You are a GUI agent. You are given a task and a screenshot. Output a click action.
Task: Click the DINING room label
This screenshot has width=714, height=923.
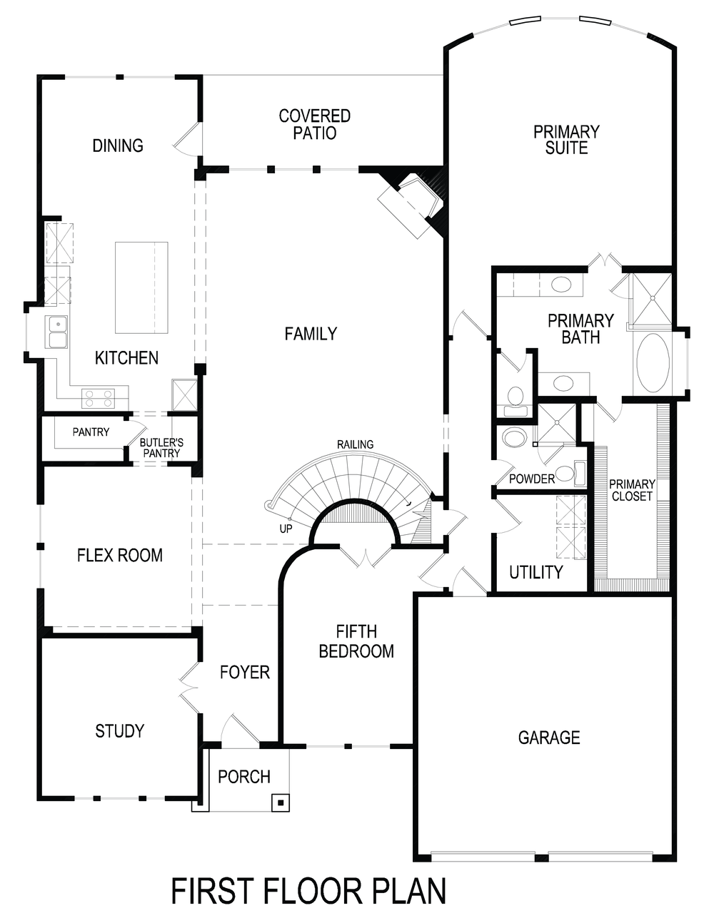click(118, 146)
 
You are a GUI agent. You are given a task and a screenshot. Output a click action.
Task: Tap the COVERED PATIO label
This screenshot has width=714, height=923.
click(314, 124)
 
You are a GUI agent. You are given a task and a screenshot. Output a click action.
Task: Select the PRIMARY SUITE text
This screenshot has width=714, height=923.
click(566, 140)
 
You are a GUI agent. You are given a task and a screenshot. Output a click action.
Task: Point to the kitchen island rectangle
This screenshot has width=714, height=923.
click(141, 287)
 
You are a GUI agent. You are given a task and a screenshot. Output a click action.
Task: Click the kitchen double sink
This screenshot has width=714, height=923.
click(57, 332)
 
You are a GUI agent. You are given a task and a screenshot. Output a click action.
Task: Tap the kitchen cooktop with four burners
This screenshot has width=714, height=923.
click(98, 398)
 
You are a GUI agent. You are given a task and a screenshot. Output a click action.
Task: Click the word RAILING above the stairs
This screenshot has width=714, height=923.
click(355, 444)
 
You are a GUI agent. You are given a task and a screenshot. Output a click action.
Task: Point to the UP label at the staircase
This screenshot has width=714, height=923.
click(286, 529)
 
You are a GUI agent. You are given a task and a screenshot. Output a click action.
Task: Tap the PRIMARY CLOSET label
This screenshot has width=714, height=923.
click(632, 490)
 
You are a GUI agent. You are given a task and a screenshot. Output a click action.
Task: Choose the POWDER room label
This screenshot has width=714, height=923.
click(532, 479)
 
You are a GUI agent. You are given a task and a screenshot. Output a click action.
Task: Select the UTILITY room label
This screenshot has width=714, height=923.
click(535, 572)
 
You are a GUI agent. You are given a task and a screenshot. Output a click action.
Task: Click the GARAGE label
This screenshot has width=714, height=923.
click(548, 738)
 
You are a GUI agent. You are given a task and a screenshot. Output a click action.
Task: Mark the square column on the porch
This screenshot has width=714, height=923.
click(281, 803)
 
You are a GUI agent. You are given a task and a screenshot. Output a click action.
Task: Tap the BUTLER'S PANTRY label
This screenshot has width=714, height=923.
click(161, 447)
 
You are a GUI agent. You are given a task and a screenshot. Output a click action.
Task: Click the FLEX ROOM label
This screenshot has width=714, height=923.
click(119, 555)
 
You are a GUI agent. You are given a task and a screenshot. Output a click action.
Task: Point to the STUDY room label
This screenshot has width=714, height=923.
click(119, 730)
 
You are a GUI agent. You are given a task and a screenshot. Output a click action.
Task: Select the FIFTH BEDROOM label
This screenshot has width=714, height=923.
click(356, 641)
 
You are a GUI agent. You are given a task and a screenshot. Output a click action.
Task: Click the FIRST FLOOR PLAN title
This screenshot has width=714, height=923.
click(308, 892)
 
